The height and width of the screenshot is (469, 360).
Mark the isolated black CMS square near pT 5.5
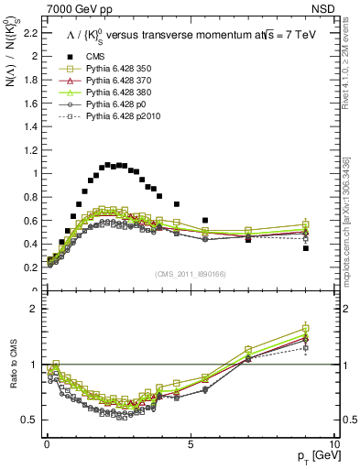coord(205,220)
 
